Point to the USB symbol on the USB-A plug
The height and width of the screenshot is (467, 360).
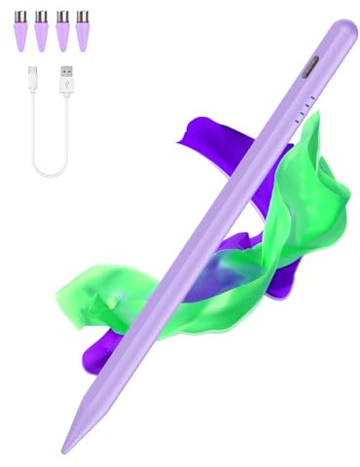point(68,84)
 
